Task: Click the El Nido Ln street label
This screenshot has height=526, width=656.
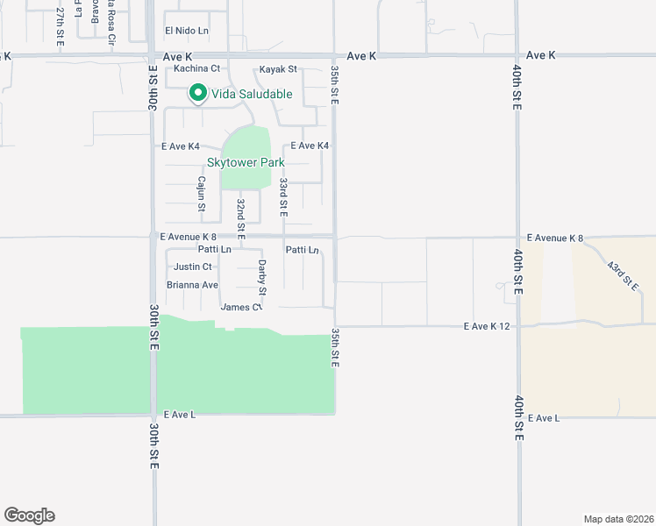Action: (188, 31)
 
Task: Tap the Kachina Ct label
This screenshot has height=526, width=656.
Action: (196, 68)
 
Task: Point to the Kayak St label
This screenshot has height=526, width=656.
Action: (278, 68)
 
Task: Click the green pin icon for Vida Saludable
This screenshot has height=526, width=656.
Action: (198, 93)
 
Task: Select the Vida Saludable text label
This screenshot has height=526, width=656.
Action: (251, 94)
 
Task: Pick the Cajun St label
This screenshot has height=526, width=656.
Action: (201, 195)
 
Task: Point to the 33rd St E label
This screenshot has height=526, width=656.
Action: (283, 197)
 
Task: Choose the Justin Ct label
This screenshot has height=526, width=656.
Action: (193, 267)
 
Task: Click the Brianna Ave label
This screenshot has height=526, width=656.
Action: (192, 285)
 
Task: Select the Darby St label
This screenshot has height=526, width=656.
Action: (261, 276)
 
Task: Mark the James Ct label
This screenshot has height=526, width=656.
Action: (241, 307)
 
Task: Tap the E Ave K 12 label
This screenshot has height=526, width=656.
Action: (488, 326)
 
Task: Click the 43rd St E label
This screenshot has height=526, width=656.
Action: (624, 274)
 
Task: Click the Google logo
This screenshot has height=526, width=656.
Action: (29, 515)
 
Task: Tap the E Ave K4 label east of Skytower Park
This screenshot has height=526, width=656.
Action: (309, 146)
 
